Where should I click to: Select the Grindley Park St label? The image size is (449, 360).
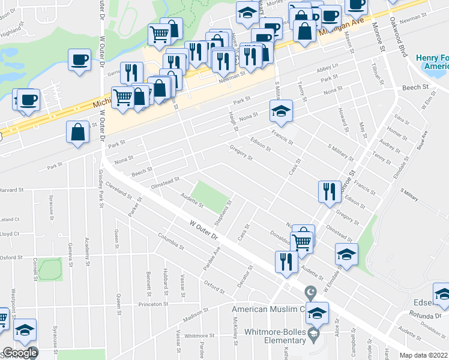point(101,187)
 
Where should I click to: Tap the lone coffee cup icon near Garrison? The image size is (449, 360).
point(79,60)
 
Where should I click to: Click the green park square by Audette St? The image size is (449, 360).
point(214,195)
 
